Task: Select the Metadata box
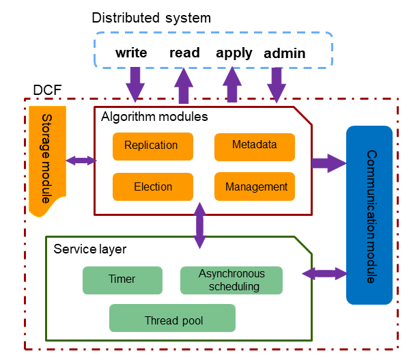point(254,146)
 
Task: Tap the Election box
point(153,186)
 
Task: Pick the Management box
point(255,186)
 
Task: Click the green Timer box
point(122,279)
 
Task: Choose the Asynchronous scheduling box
point(231,280)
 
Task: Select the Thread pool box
point(172,318)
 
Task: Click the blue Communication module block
point(369,214)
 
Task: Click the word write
point(132,53)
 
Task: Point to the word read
point(184,53)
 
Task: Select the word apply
point(234,53)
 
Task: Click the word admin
point(284,53)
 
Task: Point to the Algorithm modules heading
point(154,117)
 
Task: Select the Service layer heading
point(89,246)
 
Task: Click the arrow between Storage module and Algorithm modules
point(81,161)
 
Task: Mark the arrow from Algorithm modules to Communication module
point(328,163)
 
